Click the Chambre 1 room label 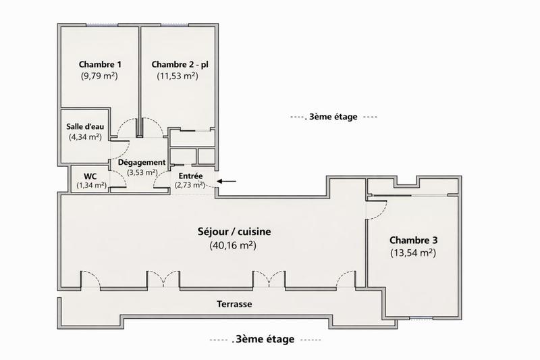[99, 65]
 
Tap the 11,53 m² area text [177, 76]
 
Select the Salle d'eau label [84, 126]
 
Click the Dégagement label [142, 163]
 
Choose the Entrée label [190, 176]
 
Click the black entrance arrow [227, 181]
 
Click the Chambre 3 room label [412, 240]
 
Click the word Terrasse [234, 305]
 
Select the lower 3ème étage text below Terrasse [264, 340]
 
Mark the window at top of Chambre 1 [99, 25]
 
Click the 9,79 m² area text [99, 76]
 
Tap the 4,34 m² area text [84, 137]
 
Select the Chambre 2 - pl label [177, 65]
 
